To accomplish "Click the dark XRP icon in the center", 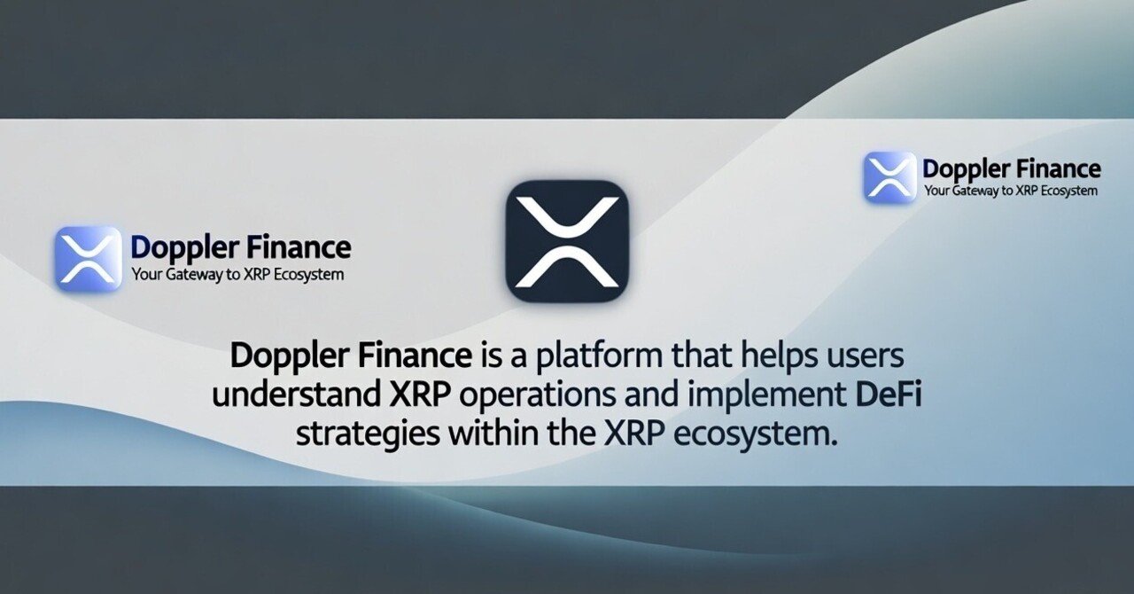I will pos(567,241).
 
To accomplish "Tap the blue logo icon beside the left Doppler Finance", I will pos(89,258).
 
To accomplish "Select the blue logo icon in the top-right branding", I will pos(889,177).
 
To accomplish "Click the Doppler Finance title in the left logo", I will pos(240,247).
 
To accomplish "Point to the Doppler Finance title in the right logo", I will pos(1011,168).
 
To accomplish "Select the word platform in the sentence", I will pos(593,356).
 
